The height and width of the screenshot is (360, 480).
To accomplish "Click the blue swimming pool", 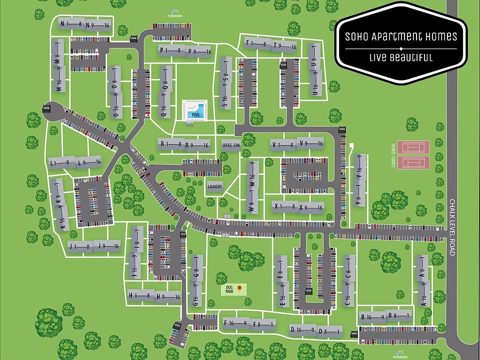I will [193, 109].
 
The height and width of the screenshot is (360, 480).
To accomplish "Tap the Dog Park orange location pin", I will [239, 288].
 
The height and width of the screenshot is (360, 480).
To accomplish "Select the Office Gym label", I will [231, 145].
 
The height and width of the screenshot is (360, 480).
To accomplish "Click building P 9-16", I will [199, 51].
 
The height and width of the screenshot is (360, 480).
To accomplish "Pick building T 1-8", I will [256, 44].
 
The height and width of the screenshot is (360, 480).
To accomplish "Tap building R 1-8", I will [170, 144].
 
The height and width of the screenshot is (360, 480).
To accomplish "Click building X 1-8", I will [283, 206].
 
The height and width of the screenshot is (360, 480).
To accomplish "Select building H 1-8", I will [139, 296].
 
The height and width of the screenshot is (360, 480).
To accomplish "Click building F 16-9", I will [235, 323].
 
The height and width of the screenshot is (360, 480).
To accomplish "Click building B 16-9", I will [372, 316].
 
